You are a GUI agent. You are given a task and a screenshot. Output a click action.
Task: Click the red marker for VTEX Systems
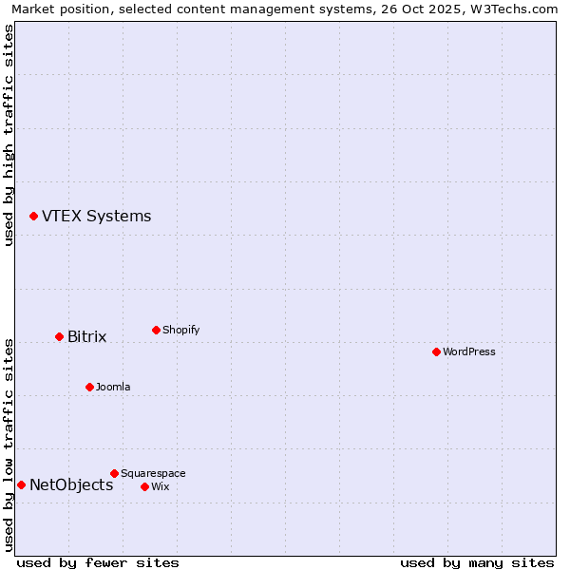tap(33, 217)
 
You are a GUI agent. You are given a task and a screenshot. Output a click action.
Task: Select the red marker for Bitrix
tap(59, 337)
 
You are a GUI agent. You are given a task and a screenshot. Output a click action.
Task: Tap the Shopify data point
tap(156, 331)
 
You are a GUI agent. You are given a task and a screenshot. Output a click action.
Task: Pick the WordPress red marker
tap(436, 352)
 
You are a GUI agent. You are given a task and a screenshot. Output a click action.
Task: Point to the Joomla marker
tap(89, 388)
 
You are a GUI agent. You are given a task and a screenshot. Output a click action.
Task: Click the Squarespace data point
tap(114, 474)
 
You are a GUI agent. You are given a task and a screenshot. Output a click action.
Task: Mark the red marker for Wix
tap(144, 487)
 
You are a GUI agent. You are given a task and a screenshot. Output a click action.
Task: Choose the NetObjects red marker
tap(21, 485)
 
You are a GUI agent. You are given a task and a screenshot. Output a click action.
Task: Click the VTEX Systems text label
tap(96, 217)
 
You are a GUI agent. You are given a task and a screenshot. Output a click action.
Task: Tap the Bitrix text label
tap(86, 337)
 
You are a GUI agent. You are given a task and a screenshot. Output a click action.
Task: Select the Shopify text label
tap(180, 331)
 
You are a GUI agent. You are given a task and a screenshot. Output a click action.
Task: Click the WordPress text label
tap(468, 352)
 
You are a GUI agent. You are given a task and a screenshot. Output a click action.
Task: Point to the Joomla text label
tap(113, 388)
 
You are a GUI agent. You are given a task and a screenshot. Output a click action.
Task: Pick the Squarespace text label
tap(153, 474)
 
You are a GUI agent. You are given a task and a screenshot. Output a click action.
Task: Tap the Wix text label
tap(160, 487)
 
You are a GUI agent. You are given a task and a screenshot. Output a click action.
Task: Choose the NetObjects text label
tap(71, 485)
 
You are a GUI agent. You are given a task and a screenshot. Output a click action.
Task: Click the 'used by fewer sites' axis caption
tap(98, 562)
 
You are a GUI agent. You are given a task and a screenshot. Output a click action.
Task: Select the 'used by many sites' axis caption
tap(477, 562)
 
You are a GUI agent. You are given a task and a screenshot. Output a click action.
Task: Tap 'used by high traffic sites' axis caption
tap(9, 135)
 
